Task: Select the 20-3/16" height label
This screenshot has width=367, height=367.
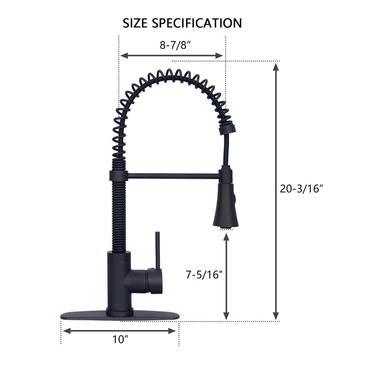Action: coord(301,190)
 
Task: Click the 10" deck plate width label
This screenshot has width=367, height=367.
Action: coord(120,339)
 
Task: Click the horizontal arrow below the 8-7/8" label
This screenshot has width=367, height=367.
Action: coord(172,55)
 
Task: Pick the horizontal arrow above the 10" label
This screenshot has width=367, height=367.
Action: coord(120,330)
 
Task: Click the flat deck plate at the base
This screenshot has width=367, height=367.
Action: coord(121,316)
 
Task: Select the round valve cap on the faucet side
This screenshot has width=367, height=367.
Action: coord(156,281)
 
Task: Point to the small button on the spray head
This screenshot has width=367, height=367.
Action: coord(234,199)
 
